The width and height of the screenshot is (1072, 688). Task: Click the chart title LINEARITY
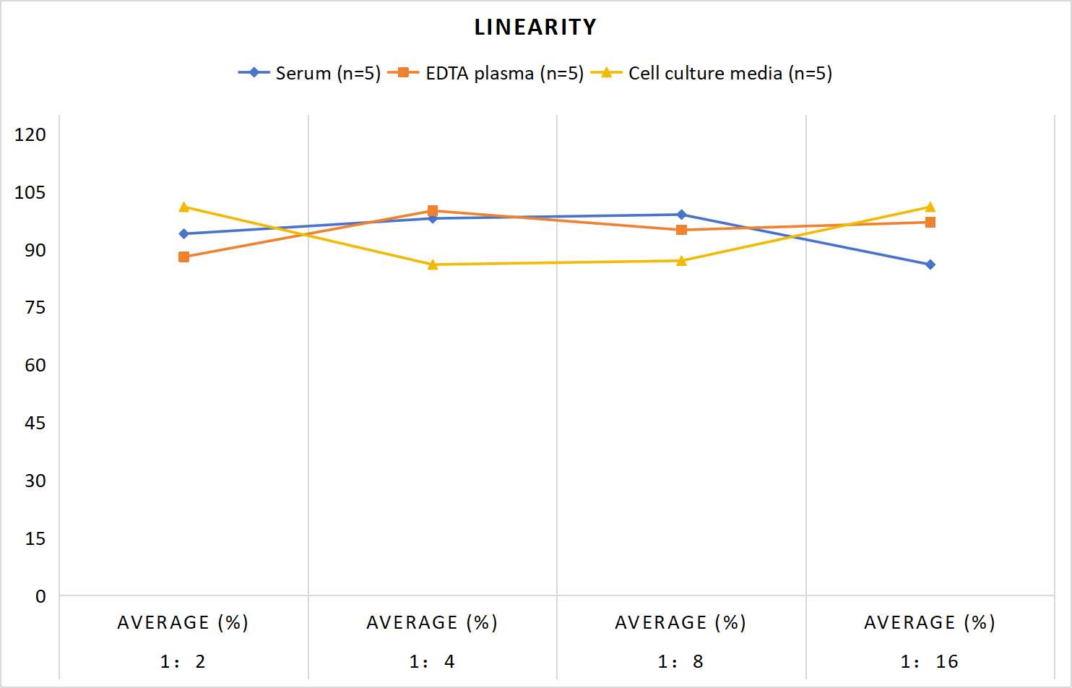(x=535, y=27)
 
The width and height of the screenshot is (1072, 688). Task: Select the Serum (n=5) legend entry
(x=309, y=73)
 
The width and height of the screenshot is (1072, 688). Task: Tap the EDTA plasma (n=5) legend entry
(x=485, y=73)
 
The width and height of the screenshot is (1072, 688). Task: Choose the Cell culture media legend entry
(x=711, y=73)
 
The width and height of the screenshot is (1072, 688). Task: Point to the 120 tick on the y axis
(x=30, y=134)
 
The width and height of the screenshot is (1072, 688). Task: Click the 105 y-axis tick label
(x=30, y=192)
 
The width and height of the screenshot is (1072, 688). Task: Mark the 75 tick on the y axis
(x=35, y=307)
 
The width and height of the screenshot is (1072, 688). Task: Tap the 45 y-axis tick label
(x=35, y=423)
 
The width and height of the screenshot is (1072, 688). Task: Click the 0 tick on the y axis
(x=40, y=596)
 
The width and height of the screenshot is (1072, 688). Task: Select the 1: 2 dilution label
(x=183, y=661)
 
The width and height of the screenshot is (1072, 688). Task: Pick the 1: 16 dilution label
(x=930, y=661)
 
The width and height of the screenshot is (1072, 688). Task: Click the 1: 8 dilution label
(x=680, y=661)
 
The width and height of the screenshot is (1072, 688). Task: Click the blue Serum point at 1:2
(x=183, y=233)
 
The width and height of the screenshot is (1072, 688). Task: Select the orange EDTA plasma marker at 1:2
(x=183, y=257)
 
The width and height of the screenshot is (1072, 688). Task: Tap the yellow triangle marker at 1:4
(x=433, y=265)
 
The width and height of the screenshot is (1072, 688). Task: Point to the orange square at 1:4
(x=433, y=210)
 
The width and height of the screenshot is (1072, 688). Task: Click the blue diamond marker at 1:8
(x=681, y=215)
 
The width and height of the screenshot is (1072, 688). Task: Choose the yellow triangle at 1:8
(x=681, y=260)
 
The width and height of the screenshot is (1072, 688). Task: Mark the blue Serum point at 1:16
(x=930, y=265)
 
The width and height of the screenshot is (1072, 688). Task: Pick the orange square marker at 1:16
(x=930, y=222)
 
